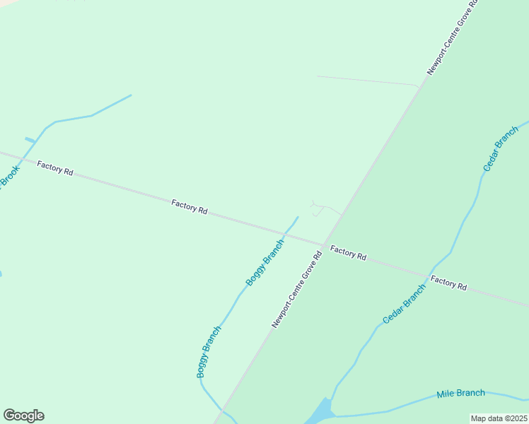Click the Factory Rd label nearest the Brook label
click(x=55, y=169)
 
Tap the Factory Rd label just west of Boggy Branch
click(x=189, y=207)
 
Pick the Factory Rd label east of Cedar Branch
click(x=449, y=283)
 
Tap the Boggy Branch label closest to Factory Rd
click(x=264, y=262)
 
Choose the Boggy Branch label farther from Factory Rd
click(x=209, y=351)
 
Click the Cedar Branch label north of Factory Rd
click(x=501, y=148)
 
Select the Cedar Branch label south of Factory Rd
click(x=404, y=304)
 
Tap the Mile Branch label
click(x=460, y=394)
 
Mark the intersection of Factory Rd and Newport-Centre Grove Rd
click(x=325, y=245)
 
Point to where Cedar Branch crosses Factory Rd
click(x=429, y=273)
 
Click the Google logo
click(x=23, y=416)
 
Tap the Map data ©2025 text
click(x=499, y=418)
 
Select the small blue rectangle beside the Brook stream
click(x=30, y=140)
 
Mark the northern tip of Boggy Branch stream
click(x=298, y=217)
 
